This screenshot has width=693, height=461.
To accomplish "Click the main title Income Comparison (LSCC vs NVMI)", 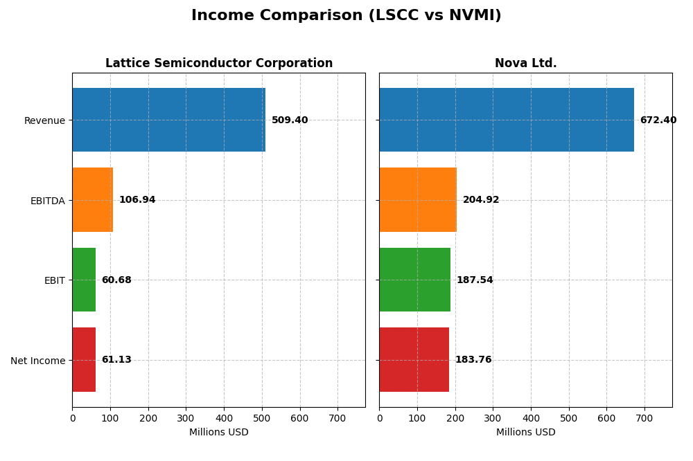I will pyautogui.click(x=346, y=15).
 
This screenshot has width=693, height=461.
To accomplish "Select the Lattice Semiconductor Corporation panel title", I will pyautogui.click(x=219, y=63).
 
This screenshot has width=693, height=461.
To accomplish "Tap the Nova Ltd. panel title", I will pyautogui.click(x=525, y=63).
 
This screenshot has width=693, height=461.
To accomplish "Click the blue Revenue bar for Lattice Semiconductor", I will pyautogui.click(x=168, y=120).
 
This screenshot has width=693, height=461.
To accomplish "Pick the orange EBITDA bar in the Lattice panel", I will pyautogui.click(x=92, y=200).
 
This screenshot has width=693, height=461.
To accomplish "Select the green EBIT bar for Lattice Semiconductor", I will pyautogui.click(x=84, y=280).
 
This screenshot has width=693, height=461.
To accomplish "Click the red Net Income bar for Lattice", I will pyautogui.click(x=84, y=360).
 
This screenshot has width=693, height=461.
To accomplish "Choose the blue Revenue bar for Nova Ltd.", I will pyautogui.click(x=506, y=120).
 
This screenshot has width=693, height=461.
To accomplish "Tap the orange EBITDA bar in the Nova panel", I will pyautogui.click(x=418, y=200).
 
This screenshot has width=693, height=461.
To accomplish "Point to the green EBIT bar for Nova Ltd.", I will pyautogui.click(x=414, y=280).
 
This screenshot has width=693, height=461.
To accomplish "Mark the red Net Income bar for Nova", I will pyautogui.click(x=414, y=360).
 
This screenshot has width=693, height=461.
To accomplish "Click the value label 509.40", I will pyautogui.click(x=290, y=120).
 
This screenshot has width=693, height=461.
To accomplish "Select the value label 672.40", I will pyautogui.click(x=658, y=120).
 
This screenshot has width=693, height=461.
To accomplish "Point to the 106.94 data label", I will pyautogui.click(x=137, y=200).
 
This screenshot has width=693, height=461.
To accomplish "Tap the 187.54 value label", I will pyautogui.click(x=475, y=280).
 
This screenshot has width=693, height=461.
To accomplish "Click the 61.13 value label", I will pyautogui.click(x=116, y=360).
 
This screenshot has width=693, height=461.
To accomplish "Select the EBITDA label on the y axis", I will pyautogui.click(x=47, y=201).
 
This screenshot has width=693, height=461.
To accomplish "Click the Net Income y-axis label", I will pyautogui.click(x=37, y=361).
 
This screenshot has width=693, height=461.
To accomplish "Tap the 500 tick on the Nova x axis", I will pyautogui.click(x=568, y=418).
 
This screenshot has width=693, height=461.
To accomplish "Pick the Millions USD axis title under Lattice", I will pyautogui.click(x=218, y=433).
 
